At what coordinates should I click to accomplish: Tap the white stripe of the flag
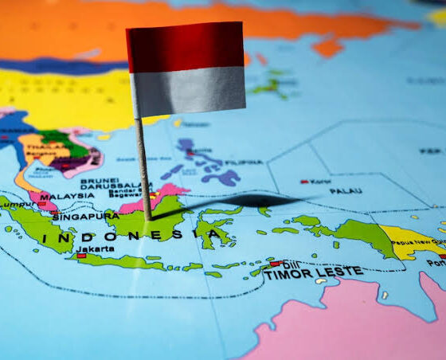tap(188, 90)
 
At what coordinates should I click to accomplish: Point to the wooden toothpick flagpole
tap(143, 167)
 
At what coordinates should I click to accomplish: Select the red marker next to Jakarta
tap(81, 256)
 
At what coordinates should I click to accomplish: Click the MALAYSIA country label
tap(67, 196)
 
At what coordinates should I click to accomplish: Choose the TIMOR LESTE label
tap(313, 273)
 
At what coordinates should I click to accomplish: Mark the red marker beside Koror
tap(303, 182)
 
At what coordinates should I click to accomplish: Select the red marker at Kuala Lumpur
tap(41, 204)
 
